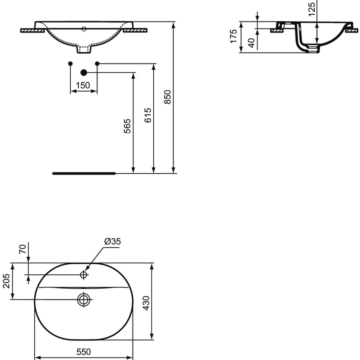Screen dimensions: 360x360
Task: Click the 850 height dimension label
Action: (167, 97)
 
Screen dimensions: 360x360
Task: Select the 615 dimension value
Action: (147, 115)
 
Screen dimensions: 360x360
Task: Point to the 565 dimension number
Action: (127, 126)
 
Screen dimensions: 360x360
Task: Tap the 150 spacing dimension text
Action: (83, 86)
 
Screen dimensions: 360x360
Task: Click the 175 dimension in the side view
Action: (233, 37)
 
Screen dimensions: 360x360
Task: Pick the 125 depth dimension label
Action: (312, 9)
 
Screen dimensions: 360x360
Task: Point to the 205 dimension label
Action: (6, 280)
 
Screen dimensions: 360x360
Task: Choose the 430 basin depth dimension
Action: (146, 302)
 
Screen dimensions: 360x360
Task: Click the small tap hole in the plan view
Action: (84, 275)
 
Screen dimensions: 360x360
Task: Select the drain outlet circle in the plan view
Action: (84, 299)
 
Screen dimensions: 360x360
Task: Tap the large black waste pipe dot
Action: (83, 72)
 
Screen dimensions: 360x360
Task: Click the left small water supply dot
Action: (70, 64)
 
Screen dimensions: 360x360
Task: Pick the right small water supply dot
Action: (97, 64)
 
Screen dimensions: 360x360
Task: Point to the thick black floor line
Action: (83, 173)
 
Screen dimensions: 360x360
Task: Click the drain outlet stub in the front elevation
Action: (84, 50)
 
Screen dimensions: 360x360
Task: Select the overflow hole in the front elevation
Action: (84, 29)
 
